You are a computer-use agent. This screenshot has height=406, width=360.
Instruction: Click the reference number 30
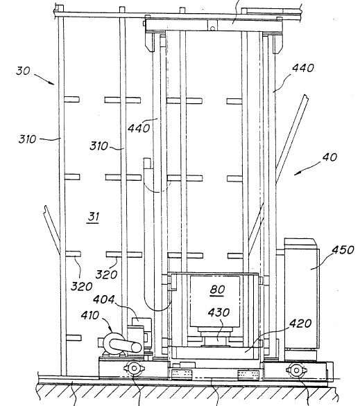(23, 71)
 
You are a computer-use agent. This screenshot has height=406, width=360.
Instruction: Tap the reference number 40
(329, 157)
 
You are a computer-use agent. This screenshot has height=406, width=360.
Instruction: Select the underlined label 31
(94, 216)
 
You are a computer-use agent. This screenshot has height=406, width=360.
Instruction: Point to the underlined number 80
(217, 290)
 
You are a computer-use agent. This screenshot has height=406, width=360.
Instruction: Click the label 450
(343, 250)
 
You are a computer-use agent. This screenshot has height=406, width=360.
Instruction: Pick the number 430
(218, 312)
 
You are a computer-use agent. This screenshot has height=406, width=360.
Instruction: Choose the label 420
(300, 324)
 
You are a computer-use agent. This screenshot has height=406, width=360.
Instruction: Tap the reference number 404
(103, 299)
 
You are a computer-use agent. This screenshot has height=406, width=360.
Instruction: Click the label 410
(89, 315)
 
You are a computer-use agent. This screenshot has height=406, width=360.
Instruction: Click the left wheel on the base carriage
(134, 368)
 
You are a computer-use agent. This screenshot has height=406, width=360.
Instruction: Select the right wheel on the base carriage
(296, 370)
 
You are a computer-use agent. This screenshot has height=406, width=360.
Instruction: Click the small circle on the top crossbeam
(212, 28)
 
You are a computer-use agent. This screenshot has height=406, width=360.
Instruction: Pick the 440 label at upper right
(303, 68)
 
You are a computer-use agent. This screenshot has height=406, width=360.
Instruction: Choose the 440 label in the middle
(139, 128)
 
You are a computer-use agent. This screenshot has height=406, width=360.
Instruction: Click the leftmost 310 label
(27, 139)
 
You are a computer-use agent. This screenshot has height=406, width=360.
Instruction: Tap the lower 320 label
(82, 286)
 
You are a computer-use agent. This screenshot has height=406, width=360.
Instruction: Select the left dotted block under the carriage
(182, 374)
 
